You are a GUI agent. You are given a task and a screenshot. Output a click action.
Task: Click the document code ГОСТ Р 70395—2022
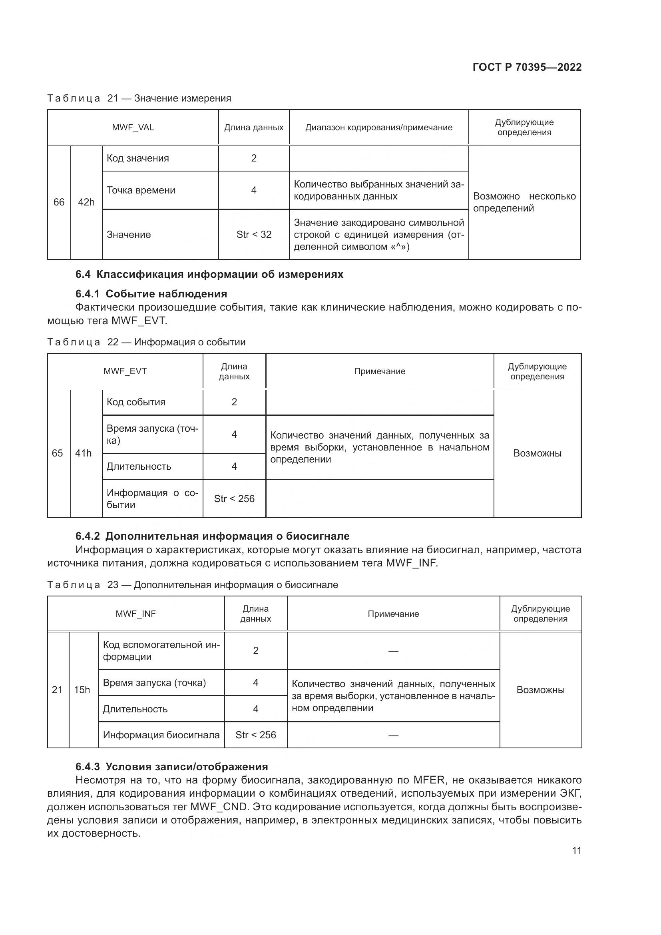[x=527, y=67]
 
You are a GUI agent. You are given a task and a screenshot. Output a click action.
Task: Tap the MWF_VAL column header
[x=133, y=128]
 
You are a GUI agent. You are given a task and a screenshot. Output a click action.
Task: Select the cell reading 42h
[x=86, y=202]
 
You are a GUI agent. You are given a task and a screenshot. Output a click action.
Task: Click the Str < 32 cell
[x=254, y=235]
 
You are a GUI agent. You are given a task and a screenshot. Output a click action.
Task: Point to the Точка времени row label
[x=141, y=190]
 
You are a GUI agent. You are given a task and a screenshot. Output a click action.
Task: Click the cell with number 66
[x=59, y=202]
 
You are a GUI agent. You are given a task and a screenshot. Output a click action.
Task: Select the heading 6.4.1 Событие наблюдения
[x=151, y=294]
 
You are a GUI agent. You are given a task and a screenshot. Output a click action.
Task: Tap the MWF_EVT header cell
[x=125, y=371]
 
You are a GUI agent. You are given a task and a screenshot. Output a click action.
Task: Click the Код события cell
[x=136, y=403]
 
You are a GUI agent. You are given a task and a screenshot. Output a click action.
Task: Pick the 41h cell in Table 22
[x=84, y=453]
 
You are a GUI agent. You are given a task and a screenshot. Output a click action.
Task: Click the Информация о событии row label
[x=152, y=498]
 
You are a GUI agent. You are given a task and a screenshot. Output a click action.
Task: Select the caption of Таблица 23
[x=193, y=585]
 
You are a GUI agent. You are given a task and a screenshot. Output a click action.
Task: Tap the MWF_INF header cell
[x=135, y=614]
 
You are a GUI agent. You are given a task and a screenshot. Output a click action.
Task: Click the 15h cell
[x=82, y=690]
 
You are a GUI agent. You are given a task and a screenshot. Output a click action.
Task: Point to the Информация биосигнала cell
[x=161, y=735]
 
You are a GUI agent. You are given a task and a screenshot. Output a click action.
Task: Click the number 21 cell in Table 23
[x=58, y=690]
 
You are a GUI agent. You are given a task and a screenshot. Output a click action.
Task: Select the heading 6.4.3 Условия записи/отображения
[x=171, y=767]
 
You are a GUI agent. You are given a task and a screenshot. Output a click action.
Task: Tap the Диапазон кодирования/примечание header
[x=378, y=128]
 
